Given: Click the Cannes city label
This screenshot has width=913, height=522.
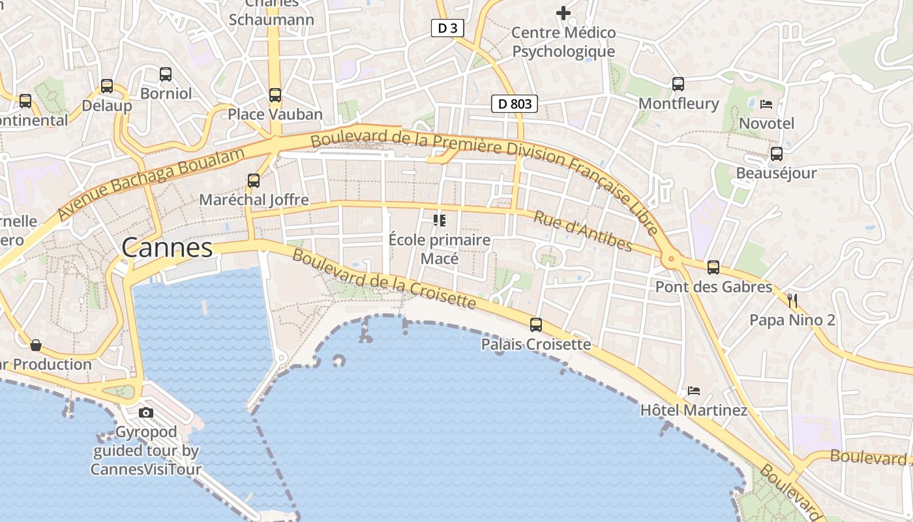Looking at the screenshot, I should click(x=167, y=248).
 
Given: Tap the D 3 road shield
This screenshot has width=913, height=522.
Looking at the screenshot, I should click(x=447, y=28).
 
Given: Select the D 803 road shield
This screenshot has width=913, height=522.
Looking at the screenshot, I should click(x=515, y=103).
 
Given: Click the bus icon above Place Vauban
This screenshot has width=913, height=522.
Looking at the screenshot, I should click(x=275, y=95).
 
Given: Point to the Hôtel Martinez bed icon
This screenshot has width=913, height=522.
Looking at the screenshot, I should click(x=694, y=391).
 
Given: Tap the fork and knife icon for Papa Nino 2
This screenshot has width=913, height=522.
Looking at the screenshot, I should click(x=792, y=301).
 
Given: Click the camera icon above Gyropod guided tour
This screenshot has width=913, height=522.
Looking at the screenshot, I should click(x=146, y=412).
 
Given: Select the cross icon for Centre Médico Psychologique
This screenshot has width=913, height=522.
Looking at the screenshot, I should click(x=563, y=12).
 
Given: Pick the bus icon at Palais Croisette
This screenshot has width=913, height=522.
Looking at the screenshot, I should click(x=536, y=324).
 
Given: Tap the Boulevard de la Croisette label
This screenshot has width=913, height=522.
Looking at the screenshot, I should click(x=384, y=279).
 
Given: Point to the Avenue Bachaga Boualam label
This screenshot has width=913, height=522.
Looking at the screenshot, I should click(x=151, y=183).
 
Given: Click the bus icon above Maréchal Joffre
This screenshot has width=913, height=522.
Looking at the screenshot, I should click(x=254, y=181).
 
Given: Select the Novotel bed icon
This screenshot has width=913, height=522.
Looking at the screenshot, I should click(x=766, y=104).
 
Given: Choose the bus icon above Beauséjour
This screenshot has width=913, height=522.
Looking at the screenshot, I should click(x=776, y=154).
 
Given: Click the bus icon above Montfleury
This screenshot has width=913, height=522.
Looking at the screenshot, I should click(x=678, y=84).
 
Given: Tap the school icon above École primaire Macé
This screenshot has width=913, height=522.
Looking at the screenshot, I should click(x=439, y=221).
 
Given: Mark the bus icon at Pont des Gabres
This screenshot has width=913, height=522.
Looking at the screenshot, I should click(x=713, y=267).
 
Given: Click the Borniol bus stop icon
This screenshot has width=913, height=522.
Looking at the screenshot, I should click(x=166, y=74).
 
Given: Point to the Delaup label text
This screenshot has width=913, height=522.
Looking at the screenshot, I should click(x=107, y=106).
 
